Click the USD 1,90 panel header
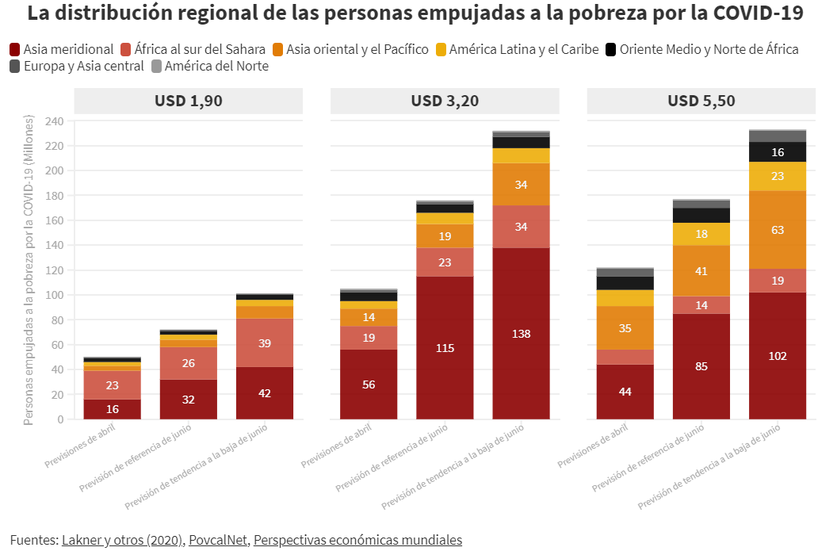click(189, 101)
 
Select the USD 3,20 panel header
click(445, 101)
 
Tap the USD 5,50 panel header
click(701, 101)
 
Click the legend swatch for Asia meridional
click(14, 49)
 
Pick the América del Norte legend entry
click(216, 67)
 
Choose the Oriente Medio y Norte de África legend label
click(709, 49)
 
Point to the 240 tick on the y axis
click(55, 121)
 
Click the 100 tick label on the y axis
click(55, 295)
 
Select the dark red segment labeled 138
click(521, 334)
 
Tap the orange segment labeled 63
click(778, 230)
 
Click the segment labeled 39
click(265, 342)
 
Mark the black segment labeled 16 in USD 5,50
click(778, 152)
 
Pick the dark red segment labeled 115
click(445, 347)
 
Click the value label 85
click(701, 366)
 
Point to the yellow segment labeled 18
click(701, 234)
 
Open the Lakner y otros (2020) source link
click(122, 540)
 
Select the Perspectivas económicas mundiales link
click(357, 540)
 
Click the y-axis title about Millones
click(29, 270)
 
